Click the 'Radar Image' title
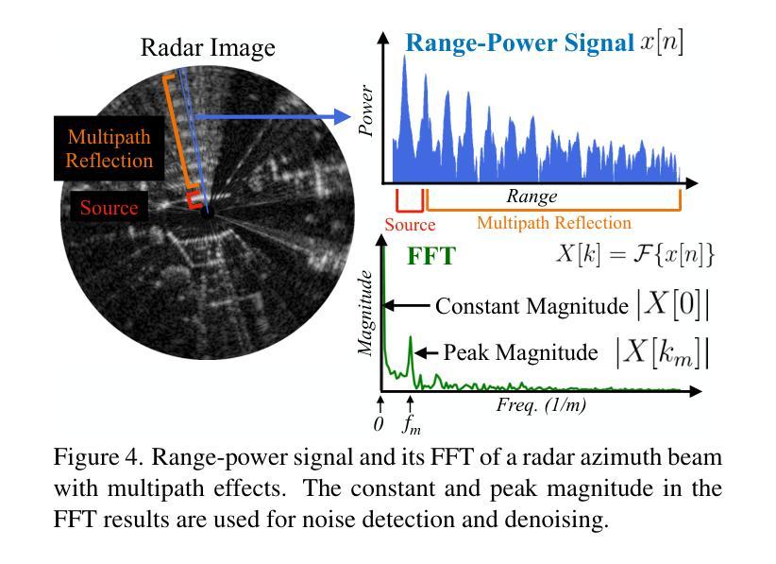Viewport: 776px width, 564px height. (208, 48)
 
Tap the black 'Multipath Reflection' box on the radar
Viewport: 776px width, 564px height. (109, 148)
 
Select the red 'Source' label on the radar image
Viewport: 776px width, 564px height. (109, 208)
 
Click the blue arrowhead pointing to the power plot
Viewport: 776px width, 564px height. (343, 117)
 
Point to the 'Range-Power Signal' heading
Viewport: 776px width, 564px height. (519, 43)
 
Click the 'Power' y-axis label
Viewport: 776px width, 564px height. (365, 111)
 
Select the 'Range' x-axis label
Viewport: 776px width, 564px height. (531, 197)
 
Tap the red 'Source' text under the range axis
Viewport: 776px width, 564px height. (410, 225)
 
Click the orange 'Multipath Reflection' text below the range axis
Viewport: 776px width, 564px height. (554, 223)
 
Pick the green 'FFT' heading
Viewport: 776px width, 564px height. (431, 256)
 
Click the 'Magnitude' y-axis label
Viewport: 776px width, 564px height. (365, 314)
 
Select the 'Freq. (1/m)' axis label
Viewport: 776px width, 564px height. (541, 405)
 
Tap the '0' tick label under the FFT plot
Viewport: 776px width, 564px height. (379, 424)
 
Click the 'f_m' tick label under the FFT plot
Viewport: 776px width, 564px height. (411, 425)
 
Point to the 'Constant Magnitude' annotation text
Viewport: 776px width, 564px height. (532, 306)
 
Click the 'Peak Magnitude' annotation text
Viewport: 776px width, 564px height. (520, 352)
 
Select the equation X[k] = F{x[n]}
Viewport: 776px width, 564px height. (635, 254)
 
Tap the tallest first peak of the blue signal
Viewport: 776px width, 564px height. (405, 57)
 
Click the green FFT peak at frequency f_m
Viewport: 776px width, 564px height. (411, 337)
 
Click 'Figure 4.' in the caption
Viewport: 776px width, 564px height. (98, 457)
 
